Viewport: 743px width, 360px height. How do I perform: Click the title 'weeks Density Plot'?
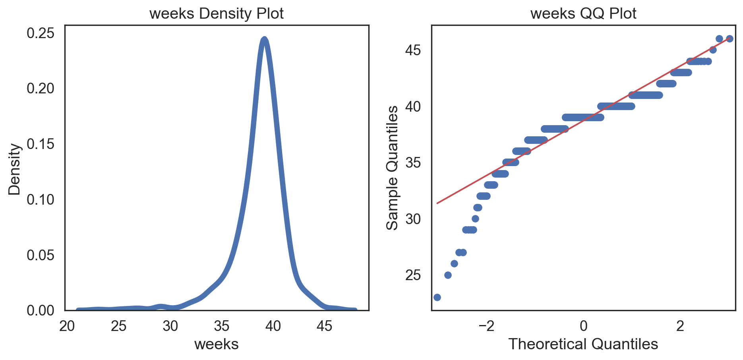coord(216,14)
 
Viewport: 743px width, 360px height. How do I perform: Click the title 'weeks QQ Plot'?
coord(583,14)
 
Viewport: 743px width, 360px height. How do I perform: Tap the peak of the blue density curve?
coord(264,39)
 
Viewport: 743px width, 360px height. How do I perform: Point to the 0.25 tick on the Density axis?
coord(41,33)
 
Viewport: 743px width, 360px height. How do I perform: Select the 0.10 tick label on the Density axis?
coord(41,199)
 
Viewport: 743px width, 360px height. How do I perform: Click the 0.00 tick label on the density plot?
coord(41,311)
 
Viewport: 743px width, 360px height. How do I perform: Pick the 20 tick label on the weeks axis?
coord(67,326)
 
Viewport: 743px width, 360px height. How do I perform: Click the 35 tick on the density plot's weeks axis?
coord(222,326)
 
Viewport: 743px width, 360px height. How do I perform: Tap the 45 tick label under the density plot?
coord(324,326)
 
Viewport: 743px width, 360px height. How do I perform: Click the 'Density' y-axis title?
coord(15,169)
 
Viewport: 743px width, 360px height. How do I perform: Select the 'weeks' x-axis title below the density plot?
coord(216,344)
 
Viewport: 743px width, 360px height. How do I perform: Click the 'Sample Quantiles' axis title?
coord(393,168)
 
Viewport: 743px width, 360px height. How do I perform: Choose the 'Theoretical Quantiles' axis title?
coord(583,344)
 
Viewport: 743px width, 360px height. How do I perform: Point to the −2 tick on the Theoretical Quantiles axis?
coord(486,326)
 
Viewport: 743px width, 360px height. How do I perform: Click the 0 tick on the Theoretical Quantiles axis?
coord(583,326)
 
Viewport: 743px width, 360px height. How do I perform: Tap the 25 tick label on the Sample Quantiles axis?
coord(413,275)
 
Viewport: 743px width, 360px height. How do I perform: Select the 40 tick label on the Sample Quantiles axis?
coord(413,107)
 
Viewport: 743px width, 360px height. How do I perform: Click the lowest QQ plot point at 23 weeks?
coord(437,297)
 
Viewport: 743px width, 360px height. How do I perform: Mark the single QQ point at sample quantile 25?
coord(448,275)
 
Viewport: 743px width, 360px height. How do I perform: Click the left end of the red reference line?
coord(437,203)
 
